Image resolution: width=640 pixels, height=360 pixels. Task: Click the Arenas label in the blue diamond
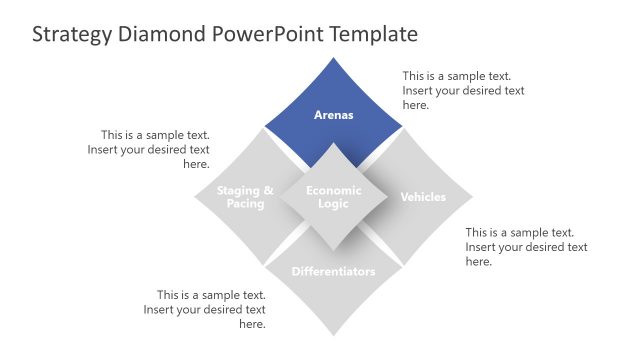pos(333,115)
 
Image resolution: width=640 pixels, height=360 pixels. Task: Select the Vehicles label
pos(423,197)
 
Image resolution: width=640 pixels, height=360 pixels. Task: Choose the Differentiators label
pos(333,271)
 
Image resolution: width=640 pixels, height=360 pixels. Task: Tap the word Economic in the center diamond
pos(333,190)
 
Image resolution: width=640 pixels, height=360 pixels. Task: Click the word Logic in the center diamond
pos(333,204)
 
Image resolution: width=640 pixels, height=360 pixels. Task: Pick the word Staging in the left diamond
pos(239,190)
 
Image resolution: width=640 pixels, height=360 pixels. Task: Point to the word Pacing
pos(245,204)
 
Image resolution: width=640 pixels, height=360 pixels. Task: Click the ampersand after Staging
pos(268,190)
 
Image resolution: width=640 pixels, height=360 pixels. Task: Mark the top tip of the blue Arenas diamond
pos(333,59)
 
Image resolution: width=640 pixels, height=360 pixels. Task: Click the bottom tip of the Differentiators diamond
pos(333,335)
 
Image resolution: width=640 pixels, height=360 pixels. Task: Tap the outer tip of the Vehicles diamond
pos(471,197)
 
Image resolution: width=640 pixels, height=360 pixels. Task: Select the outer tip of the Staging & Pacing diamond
pos(196,197)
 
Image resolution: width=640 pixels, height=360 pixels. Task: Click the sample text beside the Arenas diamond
pos(463,90)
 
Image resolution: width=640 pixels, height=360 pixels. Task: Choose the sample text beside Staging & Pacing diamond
pos(155,149)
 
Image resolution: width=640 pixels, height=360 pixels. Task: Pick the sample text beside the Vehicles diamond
pos(526,246)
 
